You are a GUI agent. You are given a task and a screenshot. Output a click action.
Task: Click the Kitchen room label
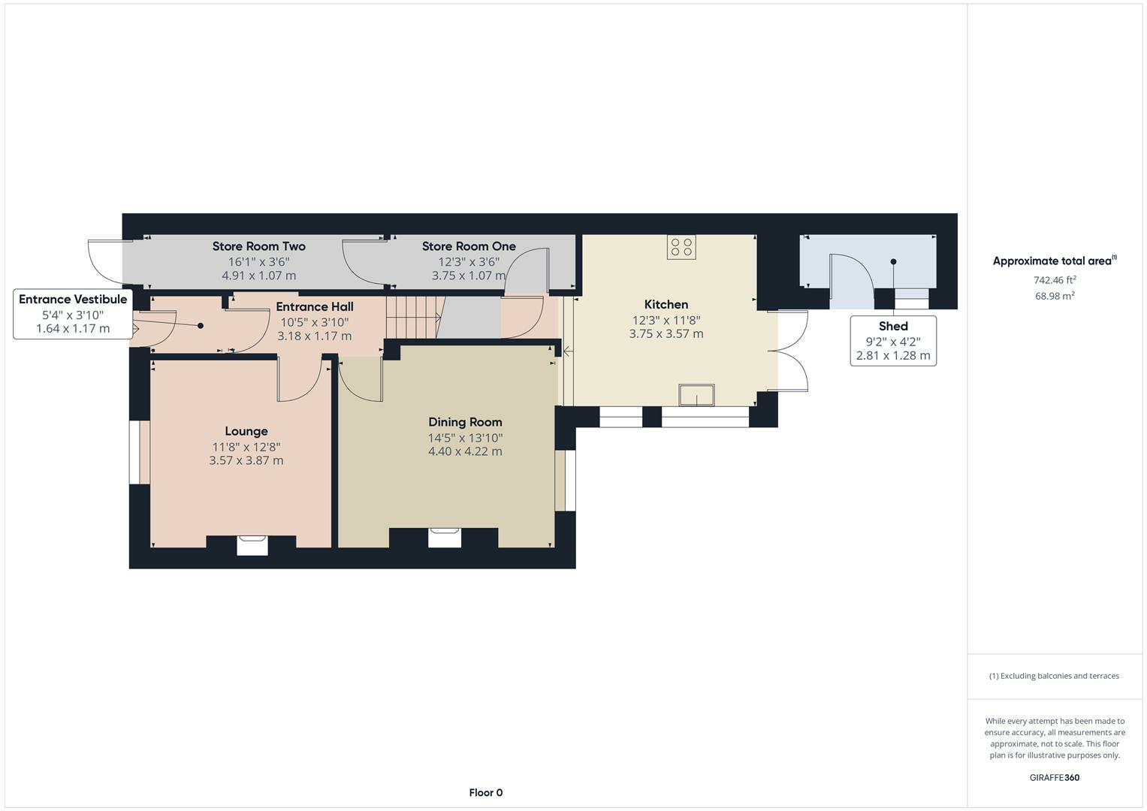(x=666, y=305)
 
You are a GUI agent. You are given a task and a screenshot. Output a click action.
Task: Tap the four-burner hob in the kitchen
(x=681, y=247)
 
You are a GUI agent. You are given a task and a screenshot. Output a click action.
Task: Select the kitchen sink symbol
(x=696, y=395)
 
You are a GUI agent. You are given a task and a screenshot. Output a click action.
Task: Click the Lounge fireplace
(x=252, y=545)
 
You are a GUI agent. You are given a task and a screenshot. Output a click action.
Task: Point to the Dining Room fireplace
(x=445, y=538)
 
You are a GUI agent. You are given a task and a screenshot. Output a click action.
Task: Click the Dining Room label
(x=465, y=422)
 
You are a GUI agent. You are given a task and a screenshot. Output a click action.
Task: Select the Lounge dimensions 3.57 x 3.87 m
(x=246, y=460)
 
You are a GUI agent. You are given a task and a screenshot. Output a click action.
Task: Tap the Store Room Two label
(x=258, y=246)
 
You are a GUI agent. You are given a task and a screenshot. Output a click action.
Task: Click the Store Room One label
(x=469, y=246)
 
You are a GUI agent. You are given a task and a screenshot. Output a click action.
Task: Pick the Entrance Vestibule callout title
(x=73, y=299)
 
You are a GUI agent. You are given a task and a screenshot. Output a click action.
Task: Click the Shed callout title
(x=893, y=326)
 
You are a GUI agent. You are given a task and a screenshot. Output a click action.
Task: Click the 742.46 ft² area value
(x=1055, y=280)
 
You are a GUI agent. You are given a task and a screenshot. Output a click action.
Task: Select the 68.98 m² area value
(x=1055, y=296)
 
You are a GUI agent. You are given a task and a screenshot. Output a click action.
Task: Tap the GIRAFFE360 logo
(x=1055, y=778)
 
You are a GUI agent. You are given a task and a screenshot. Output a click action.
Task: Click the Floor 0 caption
(x=485, y=792)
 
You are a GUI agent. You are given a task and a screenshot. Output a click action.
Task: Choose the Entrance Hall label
(x=315, y=306)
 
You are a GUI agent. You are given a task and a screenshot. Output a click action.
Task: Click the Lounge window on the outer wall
(x=139, y=452)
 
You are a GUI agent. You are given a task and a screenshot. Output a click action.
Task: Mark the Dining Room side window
(x=566, y=481)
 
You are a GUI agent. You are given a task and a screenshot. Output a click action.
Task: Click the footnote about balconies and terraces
(x=1054, y=676)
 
